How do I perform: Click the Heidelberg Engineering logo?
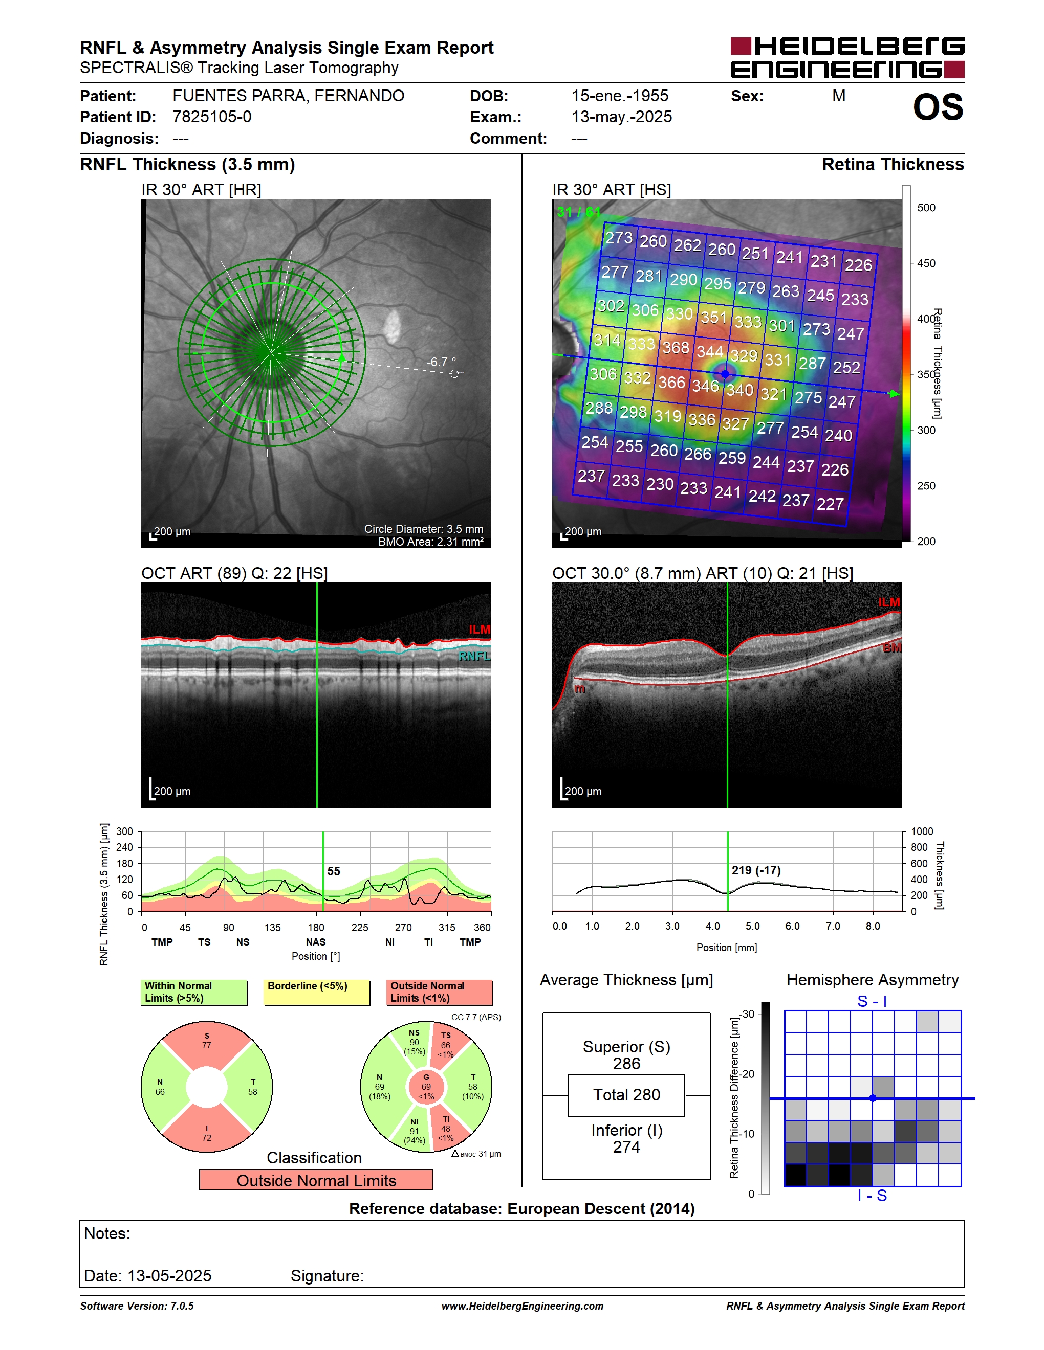[847, 57]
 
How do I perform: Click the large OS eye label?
[938, 107]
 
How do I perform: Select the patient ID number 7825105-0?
[211, 117]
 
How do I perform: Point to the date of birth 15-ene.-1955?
[620, 96]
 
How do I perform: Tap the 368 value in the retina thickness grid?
[676, 347]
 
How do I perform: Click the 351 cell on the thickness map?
[714, 317]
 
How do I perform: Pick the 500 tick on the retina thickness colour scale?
[926, 208]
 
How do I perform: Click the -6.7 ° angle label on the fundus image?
[441, 362]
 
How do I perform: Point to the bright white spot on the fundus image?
[391, 327]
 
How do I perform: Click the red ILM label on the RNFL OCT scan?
[480, 629]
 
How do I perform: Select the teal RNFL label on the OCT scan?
[474, 656]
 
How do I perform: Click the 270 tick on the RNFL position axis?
[403, 927]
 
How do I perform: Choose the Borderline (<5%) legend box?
[317, 992]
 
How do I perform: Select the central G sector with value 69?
[426, 1087]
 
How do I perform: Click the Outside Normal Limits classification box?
[316, 1180]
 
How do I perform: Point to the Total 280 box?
[626, 1095]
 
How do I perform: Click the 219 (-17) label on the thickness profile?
[756, 870]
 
